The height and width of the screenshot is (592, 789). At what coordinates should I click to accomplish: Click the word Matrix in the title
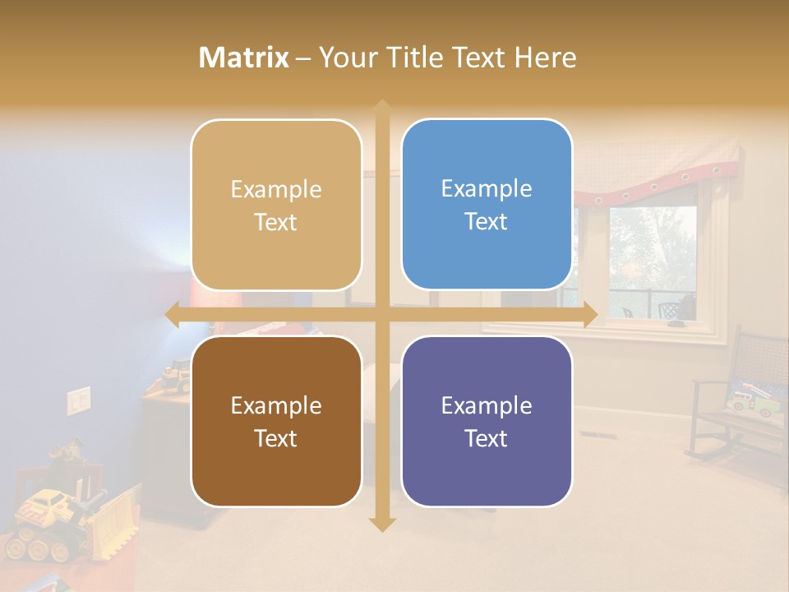coord(244,58)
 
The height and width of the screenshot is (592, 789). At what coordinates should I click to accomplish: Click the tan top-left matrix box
coord(276,205)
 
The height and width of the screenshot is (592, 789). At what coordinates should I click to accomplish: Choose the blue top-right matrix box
coord(487,205)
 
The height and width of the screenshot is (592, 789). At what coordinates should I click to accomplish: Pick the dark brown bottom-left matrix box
coord(276,421)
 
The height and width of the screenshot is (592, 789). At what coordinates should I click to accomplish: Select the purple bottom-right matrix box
coord(487,421)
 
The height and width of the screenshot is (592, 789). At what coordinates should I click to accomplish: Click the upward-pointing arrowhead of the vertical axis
coord(381,108)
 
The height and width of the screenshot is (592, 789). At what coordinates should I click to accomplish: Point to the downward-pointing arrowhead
coord(381,524)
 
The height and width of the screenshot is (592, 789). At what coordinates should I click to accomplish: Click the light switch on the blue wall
coord(78,400)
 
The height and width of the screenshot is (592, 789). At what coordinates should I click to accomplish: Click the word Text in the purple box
coord(487,438)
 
